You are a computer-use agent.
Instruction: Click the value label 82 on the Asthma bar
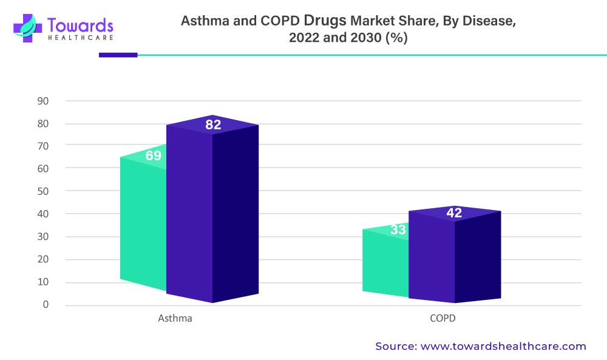click(x=213, y=126)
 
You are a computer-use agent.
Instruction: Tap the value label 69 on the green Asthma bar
click(x=154, y=156)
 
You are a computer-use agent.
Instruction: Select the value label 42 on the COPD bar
click(x=454, y=213)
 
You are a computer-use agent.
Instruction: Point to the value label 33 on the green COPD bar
click(x=398, y=230)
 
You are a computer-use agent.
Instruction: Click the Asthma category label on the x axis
click(x=175, y=318)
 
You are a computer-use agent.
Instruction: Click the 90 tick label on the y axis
click(x=42, y=101)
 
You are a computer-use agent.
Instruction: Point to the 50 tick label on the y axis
click(x=42, y=191)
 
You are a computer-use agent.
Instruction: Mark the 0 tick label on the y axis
click(x=46, y=305)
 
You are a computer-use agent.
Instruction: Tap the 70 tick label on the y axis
click(x=42, y=146)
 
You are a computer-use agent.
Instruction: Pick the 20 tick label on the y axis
click(x=42, y=259)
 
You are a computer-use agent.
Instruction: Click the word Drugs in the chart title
click(x=325, y=21)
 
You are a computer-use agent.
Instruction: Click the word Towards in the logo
click(x=80, y=25)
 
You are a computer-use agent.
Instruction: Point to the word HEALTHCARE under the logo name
click(x=80, y=38)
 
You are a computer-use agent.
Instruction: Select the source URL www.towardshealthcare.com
click(x=504, y=347)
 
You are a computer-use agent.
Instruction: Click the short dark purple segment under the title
click(x=118, y=55)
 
